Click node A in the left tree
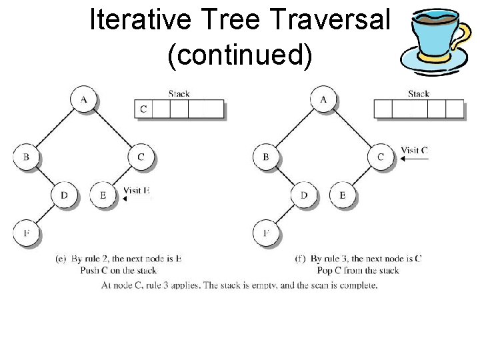tap(83, 99)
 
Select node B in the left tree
tap(25, 157)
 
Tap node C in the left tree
tap(141, 157)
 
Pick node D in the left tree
tap(64, 195)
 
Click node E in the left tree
tap(102, 195)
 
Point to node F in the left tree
tap(25, 233)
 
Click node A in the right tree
tap(323, 99)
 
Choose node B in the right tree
tap(265, 157)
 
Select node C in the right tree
tap(381, 157)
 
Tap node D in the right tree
tap(304, 195)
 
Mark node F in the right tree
tap(265, 233)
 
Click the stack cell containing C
tap(143, 109)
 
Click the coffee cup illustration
tap(434, 40)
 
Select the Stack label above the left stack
tap(179, 94)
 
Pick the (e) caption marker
tap(60, 259)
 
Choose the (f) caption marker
tap(300, 259)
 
